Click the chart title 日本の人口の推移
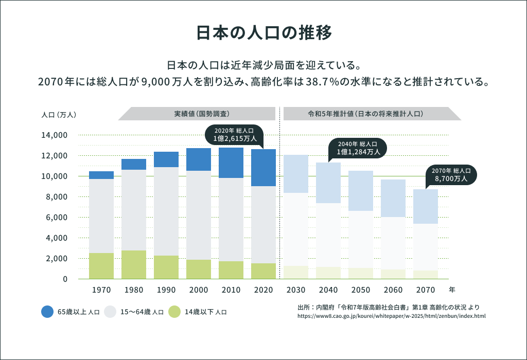(264, 32)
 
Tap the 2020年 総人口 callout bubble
(234, 135)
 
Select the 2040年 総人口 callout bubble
(358, 148)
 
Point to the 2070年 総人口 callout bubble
(451, 175)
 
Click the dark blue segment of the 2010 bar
(231, 163)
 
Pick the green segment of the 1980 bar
(134, 265)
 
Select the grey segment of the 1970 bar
(101, 216)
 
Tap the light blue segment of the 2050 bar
(361, 191)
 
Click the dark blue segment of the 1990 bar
(166, 159)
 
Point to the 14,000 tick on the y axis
(54, 135)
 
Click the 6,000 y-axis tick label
(57, 217)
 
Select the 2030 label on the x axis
(296, 290)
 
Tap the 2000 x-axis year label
(199, 290)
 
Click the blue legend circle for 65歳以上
(47, 312)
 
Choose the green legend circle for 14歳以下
(174, 312)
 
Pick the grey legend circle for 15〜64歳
(110, 312)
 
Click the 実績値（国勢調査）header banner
(197, 114)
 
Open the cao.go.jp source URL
(392, 316)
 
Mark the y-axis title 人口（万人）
(59, 115)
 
